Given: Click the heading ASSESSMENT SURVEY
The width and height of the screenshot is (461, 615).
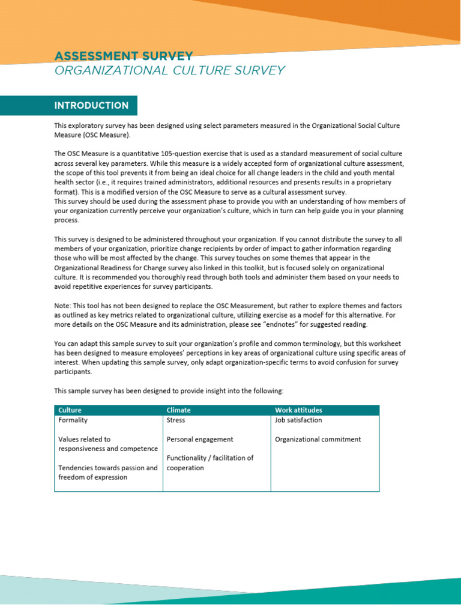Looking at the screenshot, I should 124,56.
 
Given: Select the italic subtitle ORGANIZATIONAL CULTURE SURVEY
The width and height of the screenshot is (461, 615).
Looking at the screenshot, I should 169,71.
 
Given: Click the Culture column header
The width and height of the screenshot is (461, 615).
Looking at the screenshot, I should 70,410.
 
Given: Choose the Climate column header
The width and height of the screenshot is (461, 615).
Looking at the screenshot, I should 178,410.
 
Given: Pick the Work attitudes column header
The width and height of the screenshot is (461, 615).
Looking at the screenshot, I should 298,410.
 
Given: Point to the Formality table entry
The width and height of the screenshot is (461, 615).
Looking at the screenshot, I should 73,420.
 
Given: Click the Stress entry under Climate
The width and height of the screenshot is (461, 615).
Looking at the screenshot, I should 176,420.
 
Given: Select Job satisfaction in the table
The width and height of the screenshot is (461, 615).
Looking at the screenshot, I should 298,420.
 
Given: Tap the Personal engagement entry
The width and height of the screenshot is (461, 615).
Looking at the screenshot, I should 200,440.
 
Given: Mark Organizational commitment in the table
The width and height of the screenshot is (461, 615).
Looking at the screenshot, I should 318,440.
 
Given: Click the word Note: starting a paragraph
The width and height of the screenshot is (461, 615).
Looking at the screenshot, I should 63,306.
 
